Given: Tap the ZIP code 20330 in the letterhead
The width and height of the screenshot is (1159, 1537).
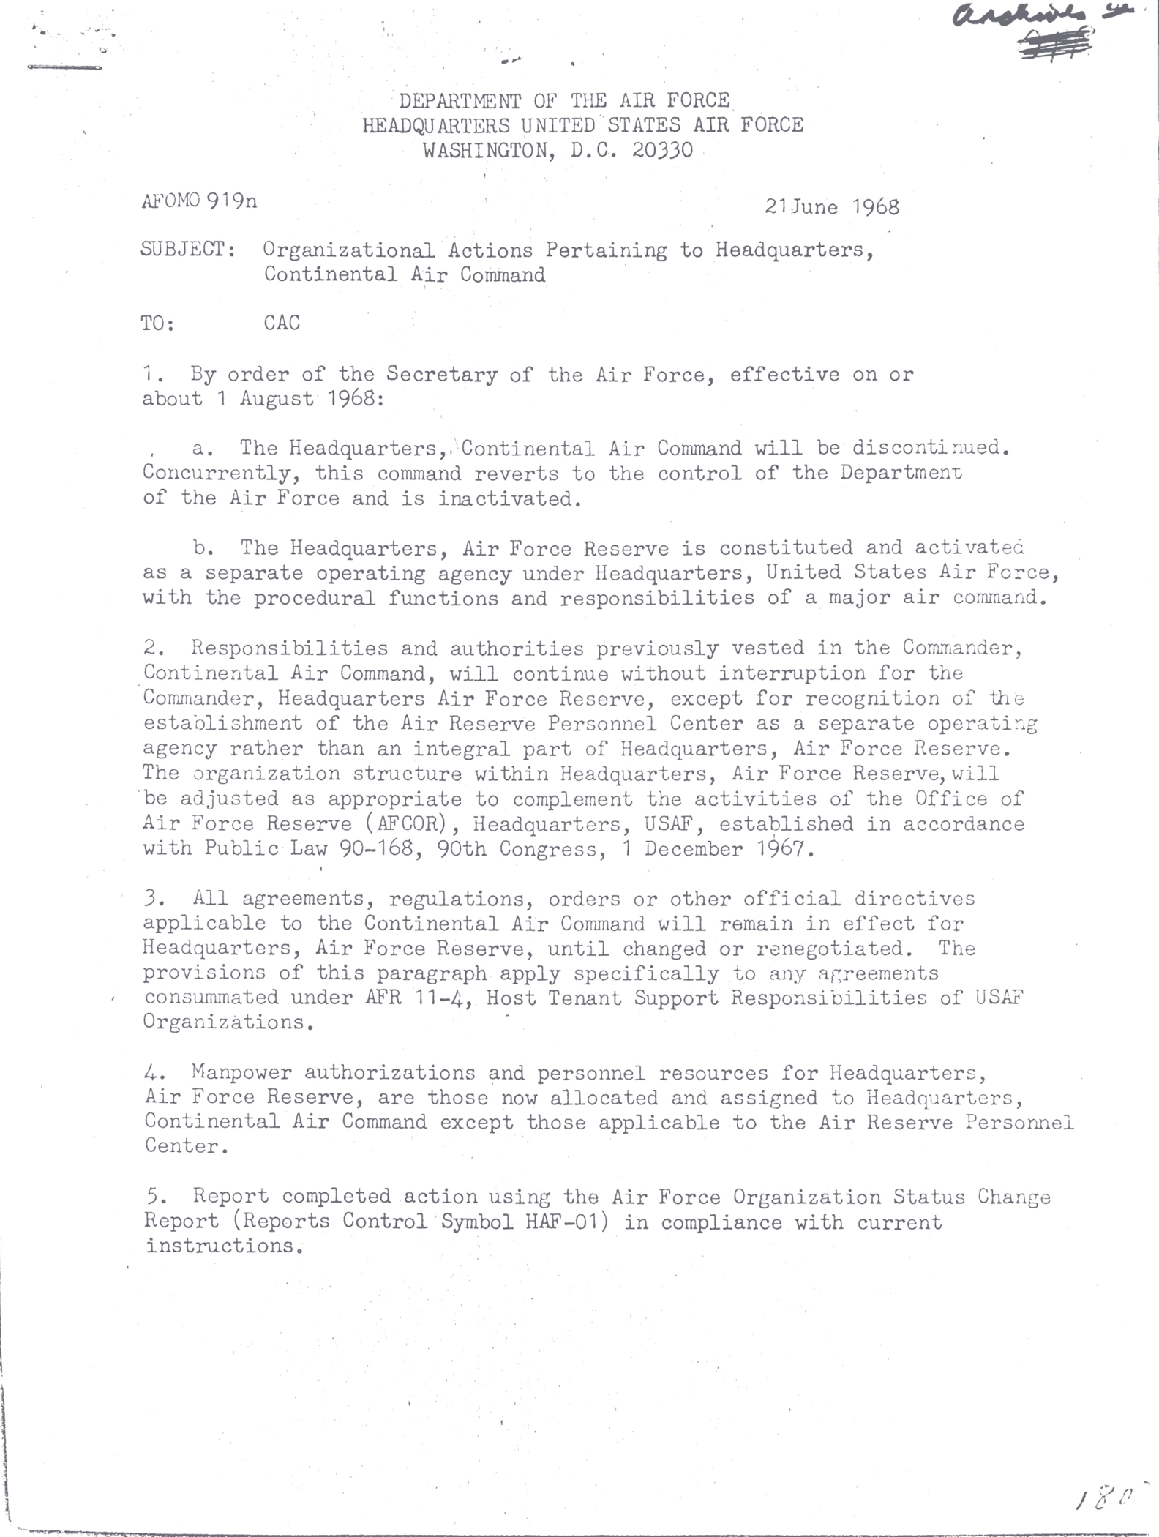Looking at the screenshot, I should [x=663, y=150].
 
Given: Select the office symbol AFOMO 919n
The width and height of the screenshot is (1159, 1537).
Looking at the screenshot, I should [x=199, y=201].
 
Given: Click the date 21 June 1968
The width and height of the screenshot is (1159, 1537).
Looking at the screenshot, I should [x=832, y=206].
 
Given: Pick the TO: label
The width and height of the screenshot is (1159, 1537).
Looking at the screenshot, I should [x=158, y=324].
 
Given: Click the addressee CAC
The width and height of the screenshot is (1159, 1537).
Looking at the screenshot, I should [x=282, y=323].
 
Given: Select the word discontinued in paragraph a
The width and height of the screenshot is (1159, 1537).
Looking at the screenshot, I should [x=931, y=447].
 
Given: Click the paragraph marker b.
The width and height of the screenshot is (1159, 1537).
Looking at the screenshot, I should [x=203, y=547].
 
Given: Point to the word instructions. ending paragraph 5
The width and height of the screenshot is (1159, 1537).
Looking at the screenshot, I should [x=224, y=1246].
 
